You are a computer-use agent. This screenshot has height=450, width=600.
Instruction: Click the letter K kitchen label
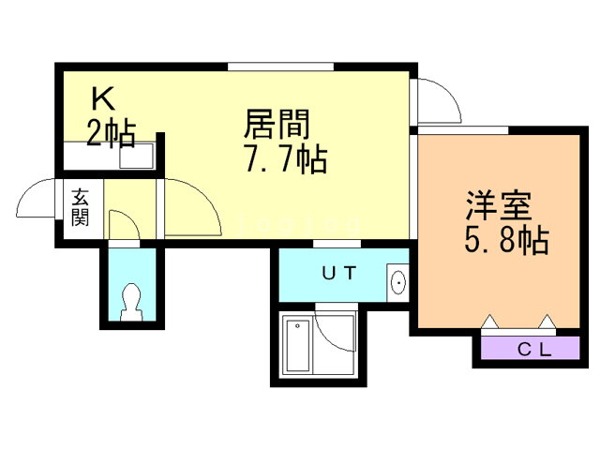point(103,98)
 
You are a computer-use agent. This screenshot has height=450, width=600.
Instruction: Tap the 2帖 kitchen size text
point(111,133)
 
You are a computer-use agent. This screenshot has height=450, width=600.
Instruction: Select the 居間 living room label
point(277,124)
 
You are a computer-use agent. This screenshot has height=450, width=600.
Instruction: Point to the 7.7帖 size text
point(286,158)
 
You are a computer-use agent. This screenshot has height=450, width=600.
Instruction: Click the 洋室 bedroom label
point(499,205)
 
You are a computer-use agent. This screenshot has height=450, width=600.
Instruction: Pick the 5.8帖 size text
point(507,240)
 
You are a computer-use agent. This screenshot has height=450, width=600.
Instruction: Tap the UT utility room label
point(339,273)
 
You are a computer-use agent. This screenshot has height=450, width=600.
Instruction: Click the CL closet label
point(534,350)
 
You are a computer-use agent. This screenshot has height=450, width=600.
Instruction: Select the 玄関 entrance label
point(80,207)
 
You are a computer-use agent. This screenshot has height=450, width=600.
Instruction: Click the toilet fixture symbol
point(131,302)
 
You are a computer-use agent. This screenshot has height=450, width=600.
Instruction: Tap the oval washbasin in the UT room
point(398,283)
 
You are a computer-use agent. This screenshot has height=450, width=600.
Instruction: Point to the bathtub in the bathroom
point(298,346)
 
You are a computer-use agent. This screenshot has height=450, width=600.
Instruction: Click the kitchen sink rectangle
point(136,157)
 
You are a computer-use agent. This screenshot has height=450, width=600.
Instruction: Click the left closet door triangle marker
point(489,322)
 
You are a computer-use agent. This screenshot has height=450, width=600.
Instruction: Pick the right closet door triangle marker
point(547,322)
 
